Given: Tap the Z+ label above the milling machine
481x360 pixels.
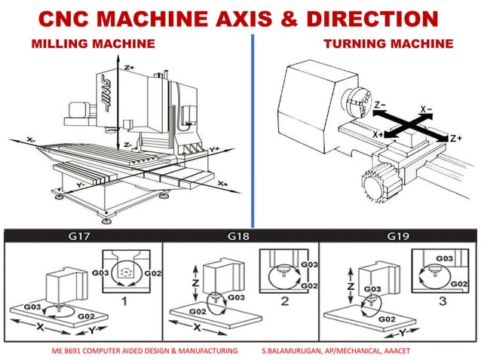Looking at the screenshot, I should (130, 68).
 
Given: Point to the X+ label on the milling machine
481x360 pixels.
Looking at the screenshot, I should (222, 183).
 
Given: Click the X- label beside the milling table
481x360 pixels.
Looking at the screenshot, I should (31, 140).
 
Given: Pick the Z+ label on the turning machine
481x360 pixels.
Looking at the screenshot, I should (455, 138).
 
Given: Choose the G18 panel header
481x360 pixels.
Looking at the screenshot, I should (240, 236).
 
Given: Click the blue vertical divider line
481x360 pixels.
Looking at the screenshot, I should (251, 128).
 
